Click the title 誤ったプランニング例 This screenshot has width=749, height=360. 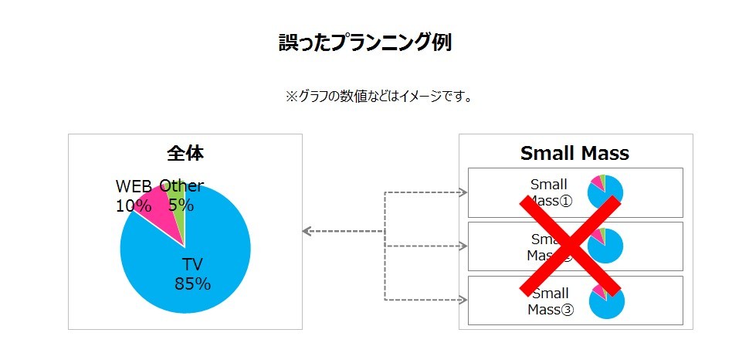(364, 42)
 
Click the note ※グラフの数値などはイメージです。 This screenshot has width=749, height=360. (378, 97)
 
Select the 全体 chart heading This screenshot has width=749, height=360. (185, 153)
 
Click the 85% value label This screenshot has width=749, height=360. (192, 284)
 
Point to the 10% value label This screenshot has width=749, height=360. (133, 205)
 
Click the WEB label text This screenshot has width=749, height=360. (134, 186)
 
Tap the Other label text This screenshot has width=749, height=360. (181, 186)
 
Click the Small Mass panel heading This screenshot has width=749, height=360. (574, 153)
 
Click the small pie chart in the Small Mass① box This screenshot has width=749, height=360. (605, 192)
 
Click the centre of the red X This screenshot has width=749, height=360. (571, 246)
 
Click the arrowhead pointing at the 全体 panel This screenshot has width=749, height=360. (307, 231)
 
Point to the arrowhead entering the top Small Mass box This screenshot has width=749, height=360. (463, 192)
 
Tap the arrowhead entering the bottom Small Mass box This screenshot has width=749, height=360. (463, 300)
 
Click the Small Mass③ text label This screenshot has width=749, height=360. (551, 301)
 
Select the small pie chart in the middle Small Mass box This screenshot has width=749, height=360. (605, 246)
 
